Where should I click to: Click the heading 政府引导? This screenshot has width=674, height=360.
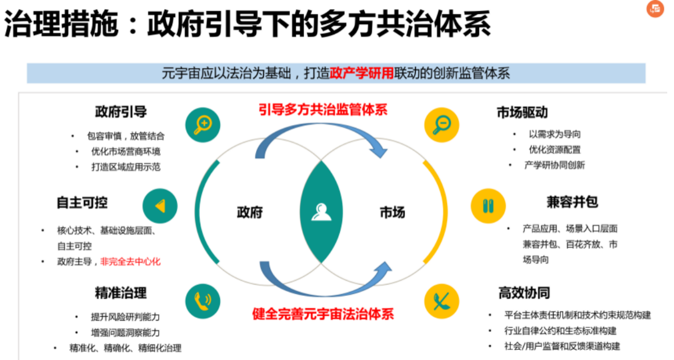120,112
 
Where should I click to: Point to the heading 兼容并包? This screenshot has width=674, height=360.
572,201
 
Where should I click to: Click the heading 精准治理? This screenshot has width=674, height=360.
120,292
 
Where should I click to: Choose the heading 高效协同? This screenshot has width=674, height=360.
523,292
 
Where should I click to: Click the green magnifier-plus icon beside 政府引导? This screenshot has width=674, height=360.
202,125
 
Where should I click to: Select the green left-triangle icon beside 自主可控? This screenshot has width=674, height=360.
160,206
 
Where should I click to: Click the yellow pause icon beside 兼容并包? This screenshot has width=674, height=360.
488,206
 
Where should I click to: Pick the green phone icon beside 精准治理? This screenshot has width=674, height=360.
202,301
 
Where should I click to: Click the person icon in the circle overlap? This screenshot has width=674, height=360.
321,212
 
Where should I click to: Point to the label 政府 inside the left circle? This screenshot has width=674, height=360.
250,213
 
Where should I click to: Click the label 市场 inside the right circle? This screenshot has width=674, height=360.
392,213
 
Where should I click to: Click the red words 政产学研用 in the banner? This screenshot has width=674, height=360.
362,73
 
